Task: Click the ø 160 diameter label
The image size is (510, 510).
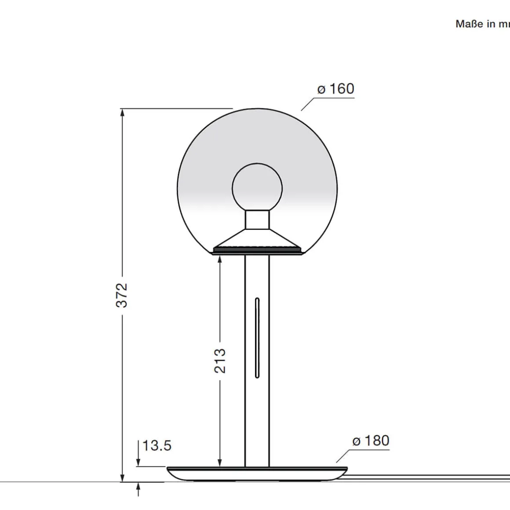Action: (x=336, y=89)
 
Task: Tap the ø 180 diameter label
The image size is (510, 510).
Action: (x=371, y=441)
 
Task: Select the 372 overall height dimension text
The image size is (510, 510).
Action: (x=122, y=295)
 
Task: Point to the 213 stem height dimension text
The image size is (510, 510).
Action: (x=220, y=361)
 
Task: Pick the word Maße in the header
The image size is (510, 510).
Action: (x=469, y=24)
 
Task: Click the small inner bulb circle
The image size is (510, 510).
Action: (x=257, y=187)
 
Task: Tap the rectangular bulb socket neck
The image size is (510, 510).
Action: (x=257, y=220)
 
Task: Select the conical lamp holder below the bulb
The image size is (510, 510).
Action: (x=257, y=240)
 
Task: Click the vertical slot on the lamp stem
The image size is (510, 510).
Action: (x=257, y=338)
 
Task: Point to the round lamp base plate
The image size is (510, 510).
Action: (x=257, y=474)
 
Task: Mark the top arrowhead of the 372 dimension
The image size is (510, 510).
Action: (x=122, y=113)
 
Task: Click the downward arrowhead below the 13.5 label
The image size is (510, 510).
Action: (x=139, y=462)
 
